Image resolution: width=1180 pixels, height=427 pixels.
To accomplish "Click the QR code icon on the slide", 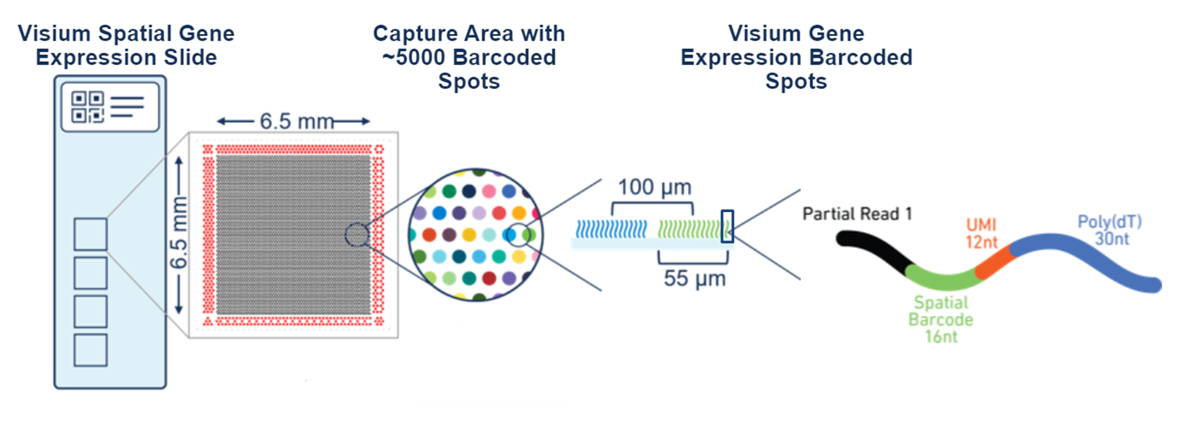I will [x=88, y=107].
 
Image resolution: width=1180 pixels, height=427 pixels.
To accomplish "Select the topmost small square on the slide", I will [x=91, y=234].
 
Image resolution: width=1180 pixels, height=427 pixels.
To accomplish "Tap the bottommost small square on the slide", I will [x=91, y=349].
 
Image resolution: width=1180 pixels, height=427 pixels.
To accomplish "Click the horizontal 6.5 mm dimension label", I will [x=296, y=122].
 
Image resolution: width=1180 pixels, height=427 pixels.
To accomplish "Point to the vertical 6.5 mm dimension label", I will [x=178, y=233].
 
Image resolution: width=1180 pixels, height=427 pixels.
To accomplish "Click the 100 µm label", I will [x=654, y=187].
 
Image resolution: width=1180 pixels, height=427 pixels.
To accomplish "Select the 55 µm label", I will [x=694, y=278].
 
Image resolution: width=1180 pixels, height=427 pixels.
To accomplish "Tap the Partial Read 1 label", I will [x=857, y=214].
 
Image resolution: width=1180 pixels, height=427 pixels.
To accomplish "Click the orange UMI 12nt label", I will [x=981, y=233].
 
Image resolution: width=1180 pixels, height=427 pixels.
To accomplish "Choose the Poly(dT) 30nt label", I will [x=1110, y=230].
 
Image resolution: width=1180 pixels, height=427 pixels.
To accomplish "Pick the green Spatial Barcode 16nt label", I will [x=940, y=319].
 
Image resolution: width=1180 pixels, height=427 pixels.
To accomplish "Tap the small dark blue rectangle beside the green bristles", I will [x=727, y=226].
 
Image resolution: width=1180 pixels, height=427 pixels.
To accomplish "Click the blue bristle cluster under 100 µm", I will [x=611, y=229].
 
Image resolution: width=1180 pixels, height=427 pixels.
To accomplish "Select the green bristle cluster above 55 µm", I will [x=689, y=229].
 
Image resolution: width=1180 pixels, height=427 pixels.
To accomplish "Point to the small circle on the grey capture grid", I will [x=357, y=235].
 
